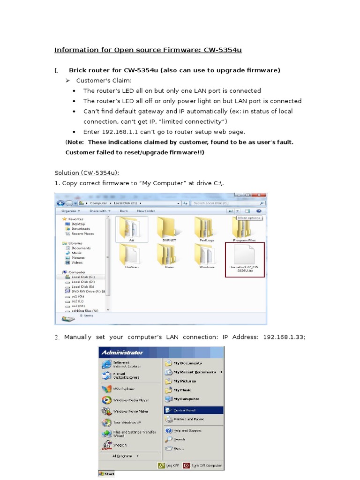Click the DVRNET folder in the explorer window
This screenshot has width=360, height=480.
point(168,228)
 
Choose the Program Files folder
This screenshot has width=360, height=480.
point(244,228)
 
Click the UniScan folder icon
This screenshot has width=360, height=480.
point(131,255)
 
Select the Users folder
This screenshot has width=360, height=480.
point(169,255)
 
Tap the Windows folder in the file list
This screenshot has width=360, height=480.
point(207,255)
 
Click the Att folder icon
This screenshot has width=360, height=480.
point(131,228)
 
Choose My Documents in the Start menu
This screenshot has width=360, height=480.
point(187,363)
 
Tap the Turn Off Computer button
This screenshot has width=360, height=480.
point(202,466)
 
